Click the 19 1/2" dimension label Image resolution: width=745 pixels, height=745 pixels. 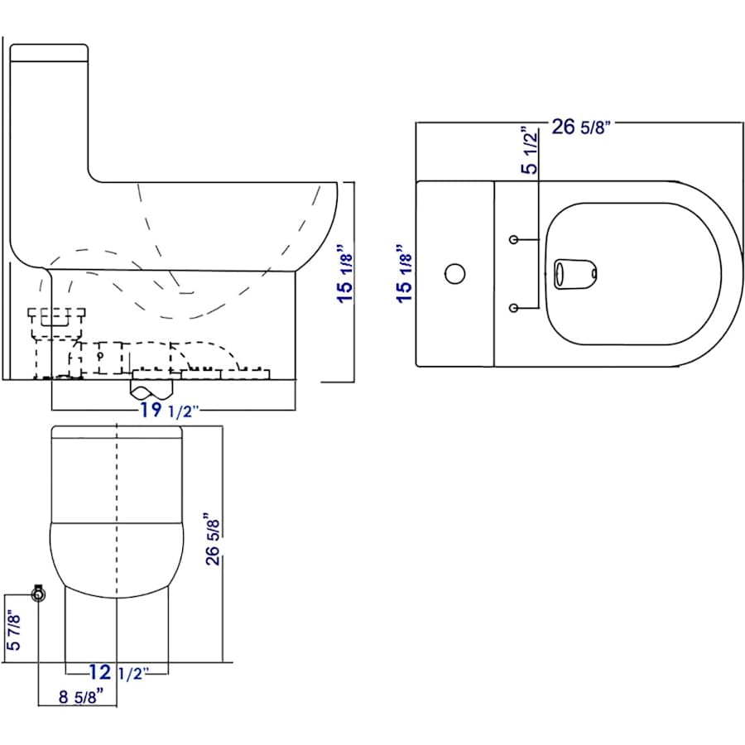point(169,411)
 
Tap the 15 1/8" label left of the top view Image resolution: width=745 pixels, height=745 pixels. point(405,273)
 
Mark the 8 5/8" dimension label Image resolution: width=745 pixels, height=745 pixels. point(81,696)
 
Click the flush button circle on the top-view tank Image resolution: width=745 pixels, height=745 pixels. point(454,273)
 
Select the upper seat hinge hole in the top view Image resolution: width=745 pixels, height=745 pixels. point(514,239)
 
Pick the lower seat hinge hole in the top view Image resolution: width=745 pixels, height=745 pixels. point(514,309)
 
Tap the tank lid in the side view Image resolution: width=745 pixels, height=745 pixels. point(49,53)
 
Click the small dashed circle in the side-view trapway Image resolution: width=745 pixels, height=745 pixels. point(99,356)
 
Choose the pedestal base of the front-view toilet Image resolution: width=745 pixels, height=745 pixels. point(117,629)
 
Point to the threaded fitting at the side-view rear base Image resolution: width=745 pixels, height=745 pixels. point(56,318)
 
